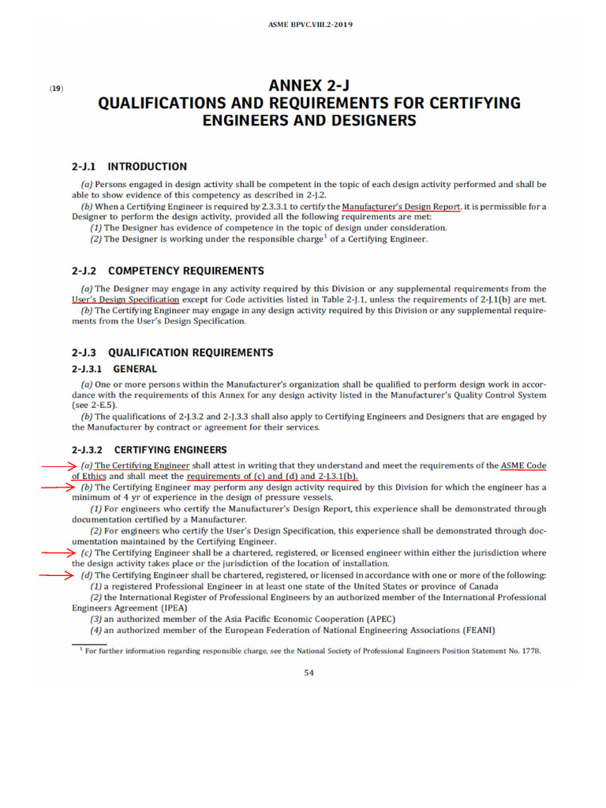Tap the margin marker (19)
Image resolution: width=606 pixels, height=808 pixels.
56,88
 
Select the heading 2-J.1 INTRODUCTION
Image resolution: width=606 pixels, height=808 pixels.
129,166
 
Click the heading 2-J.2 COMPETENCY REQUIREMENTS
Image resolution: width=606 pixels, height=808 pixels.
168,271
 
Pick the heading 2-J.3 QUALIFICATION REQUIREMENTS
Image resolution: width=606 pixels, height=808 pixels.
173,353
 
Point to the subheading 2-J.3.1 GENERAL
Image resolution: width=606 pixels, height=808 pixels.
114,368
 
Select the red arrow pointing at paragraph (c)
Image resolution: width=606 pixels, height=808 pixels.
58,553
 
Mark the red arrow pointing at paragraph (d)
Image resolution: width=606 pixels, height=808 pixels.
58,576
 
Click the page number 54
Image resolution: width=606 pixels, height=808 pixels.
309,673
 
